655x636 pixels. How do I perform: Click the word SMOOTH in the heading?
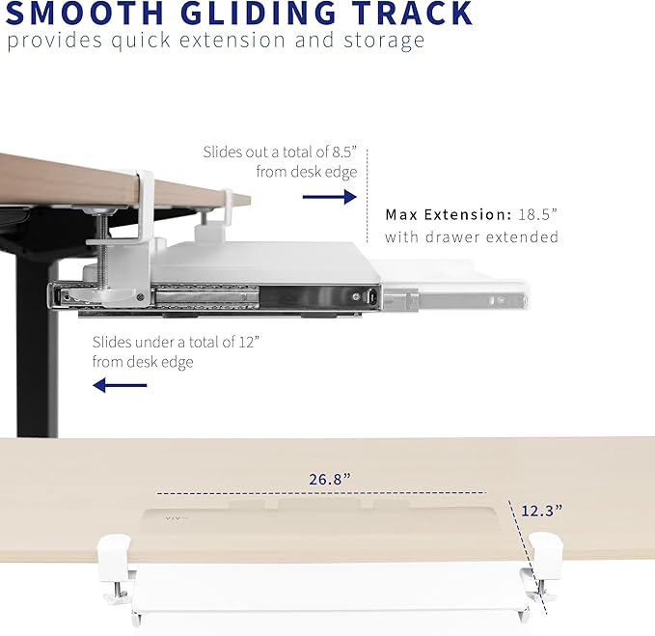pyautogui.click(x=85, y=14)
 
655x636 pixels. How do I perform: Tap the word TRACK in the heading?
pyautogui.click(x=412, y=14)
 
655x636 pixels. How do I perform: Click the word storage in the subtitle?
pyautogui.click(x=384, y=41)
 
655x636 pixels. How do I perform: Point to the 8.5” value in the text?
pyautogui.click(x=344, y=152)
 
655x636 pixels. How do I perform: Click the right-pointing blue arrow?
pyautogui.click(x=330, y=197)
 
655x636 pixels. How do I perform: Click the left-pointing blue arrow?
pyautogui.click(x=120, y=385)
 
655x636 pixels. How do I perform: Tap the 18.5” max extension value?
pyautogui.click(x=538, y=214)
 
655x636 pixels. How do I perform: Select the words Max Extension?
pyautogui.click(x=449, y=214)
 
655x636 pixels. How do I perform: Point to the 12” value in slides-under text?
pyautogui.click(x=249, y=342)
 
